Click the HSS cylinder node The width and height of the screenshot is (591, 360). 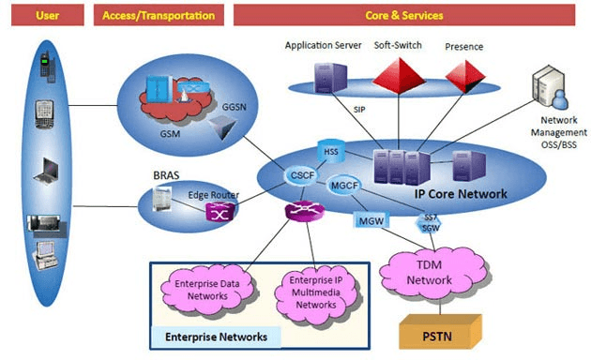pos(331,151)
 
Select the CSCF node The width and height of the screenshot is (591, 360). pos(302,175)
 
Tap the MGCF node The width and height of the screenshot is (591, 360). pos(344,186)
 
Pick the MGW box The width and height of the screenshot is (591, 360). pos(371,220)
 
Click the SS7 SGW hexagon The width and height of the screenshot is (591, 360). pos(429,223)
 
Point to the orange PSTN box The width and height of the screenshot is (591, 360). pos(440,332)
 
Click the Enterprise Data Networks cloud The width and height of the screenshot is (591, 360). pos(207,290)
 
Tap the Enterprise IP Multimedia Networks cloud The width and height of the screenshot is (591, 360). pos(316,292)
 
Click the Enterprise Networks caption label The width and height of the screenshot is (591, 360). pos(216,337)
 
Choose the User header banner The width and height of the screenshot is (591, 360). pos(48,15)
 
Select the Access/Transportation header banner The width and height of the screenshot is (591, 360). pos(159,15)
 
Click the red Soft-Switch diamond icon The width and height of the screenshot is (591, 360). pos(399,76)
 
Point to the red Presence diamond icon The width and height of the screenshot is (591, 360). pos(465,77)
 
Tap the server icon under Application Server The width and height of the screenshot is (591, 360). pos(330,78)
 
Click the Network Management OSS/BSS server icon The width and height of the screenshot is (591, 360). pos(550,86)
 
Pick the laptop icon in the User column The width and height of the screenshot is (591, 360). pos(46,172)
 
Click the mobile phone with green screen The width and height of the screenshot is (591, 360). pos(48,67)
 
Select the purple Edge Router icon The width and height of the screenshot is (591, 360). pos(220,212)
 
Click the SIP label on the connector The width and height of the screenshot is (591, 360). pos(359,110)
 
